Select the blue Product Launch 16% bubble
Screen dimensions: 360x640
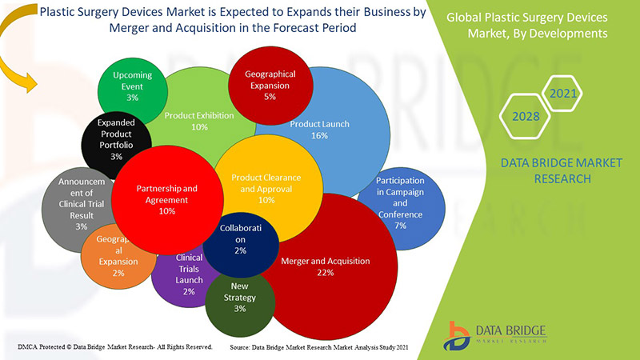[320, 130]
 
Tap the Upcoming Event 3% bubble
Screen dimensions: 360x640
[132, 86]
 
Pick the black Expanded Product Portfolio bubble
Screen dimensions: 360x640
[116, 140]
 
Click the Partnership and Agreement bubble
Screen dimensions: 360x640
[166, 199]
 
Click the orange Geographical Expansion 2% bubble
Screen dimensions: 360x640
[115, 261]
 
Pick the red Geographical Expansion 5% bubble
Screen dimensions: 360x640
[270, 84]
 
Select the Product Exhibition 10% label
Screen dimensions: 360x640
[199, 121]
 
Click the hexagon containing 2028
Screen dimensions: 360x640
[524, 116]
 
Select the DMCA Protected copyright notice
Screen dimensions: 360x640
[114, 347]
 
